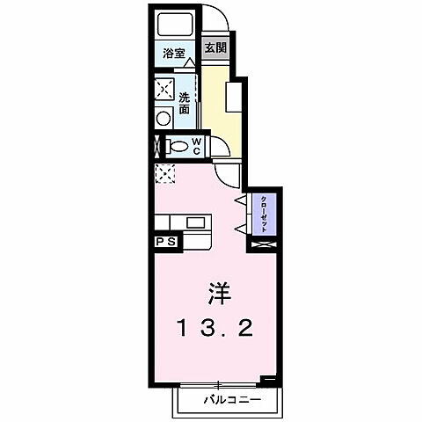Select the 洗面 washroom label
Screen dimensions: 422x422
185,103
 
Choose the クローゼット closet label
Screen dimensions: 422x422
263,211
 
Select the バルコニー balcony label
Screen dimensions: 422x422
229,399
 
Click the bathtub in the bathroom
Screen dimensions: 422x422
171,25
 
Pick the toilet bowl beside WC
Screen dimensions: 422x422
177,146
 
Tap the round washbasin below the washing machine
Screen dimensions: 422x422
164,118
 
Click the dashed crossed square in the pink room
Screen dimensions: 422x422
164,174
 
